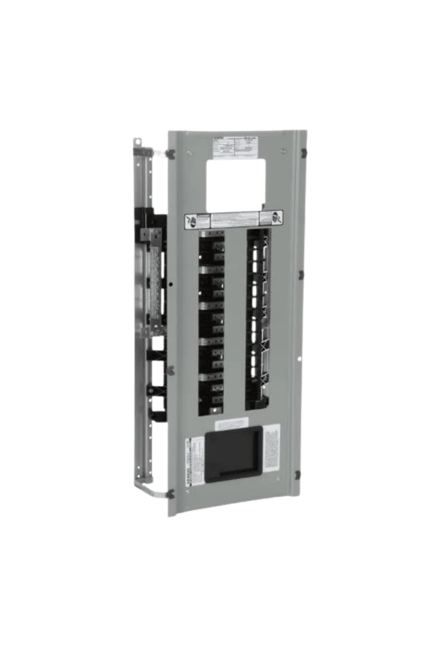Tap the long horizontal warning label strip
(235, 220)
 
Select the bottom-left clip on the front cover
(170, 494)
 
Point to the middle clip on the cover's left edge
(170, 371)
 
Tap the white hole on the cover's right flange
(299, 359)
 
